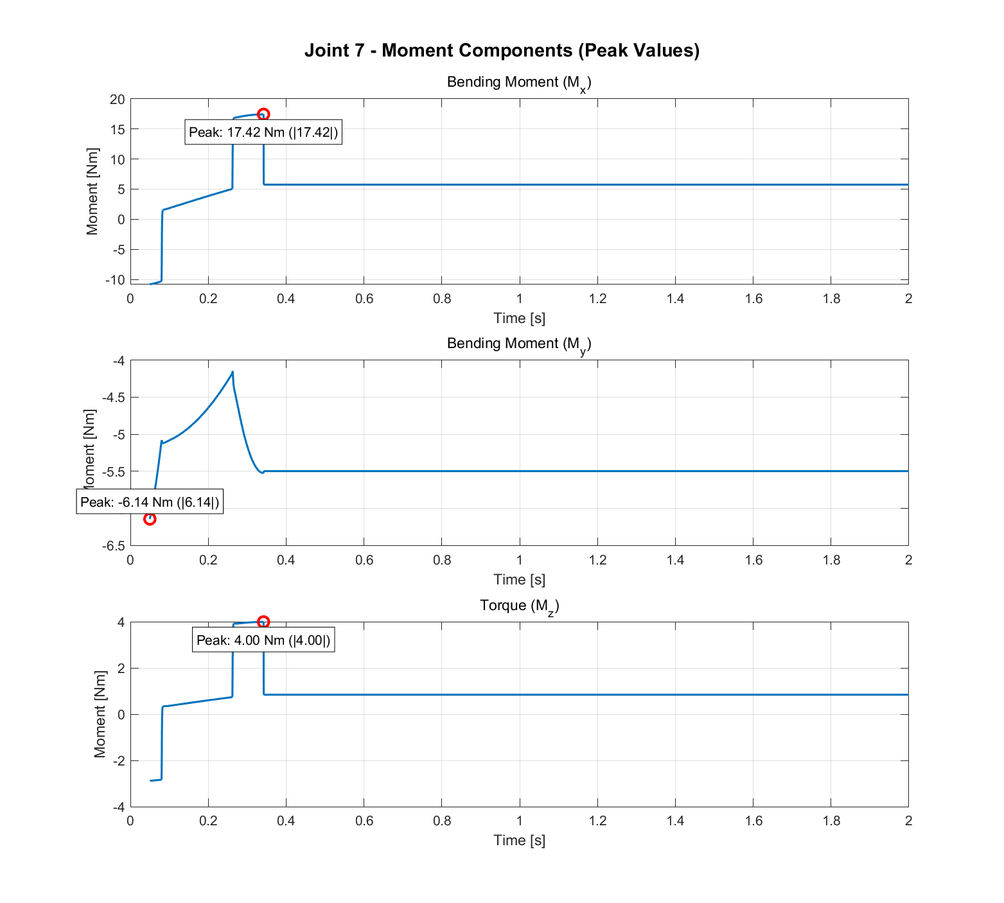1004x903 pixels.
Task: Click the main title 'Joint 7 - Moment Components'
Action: tap(502, 50)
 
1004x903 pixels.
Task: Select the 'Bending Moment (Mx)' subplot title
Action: tap(519, 83)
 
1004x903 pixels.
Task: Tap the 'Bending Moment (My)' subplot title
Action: tap(519, 344)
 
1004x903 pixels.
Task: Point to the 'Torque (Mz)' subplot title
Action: tap(519, 606)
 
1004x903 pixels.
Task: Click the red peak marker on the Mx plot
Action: tap(263, 114)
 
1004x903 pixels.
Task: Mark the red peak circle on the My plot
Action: tap(150, 519)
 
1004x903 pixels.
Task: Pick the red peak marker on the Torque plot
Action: tap(263, 622)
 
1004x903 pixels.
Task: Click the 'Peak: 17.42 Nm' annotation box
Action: tap(263, 133)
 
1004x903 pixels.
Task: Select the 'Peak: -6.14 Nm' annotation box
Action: tap(150, 502)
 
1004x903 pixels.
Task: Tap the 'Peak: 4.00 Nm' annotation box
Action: tap(263, 640)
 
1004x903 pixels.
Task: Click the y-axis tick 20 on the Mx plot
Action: tap(117, 99)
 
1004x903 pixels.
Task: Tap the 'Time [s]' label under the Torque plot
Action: tap(519, 841)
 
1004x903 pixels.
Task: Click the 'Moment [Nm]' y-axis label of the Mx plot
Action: tap(92, 191)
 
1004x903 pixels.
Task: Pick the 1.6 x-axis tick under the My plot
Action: tap(753, 560)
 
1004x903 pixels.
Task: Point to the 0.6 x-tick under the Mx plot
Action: tap(364, 299)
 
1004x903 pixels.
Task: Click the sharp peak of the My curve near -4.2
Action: tap(233, 372)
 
